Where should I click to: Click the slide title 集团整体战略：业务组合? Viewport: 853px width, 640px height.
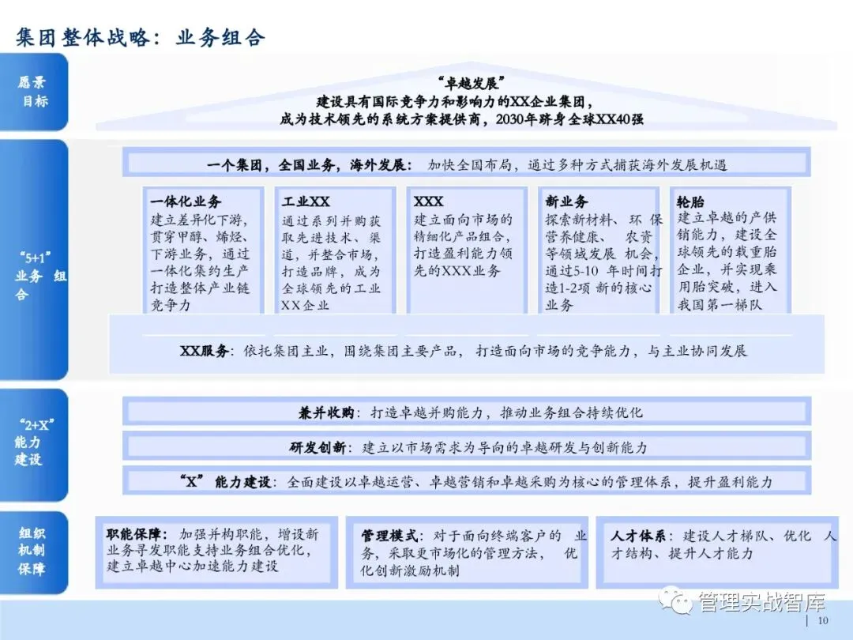[141, 37]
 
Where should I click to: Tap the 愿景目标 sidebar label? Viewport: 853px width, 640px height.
[33, 92]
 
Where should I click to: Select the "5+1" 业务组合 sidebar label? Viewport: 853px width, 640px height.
[36, 276]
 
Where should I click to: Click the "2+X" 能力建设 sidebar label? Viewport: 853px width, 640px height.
[29, 442]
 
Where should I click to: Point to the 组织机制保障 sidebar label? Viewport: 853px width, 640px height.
[33, 550]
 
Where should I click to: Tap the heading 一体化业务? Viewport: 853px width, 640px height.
[186, 202]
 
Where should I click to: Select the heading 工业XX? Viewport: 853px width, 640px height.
[306, 202]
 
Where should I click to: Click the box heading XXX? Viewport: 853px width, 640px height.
[429, 202]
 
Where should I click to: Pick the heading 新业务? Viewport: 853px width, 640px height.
[566, 202]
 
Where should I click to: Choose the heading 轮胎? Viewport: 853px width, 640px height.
[691, 202]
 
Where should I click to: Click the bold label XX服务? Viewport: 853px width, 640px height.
[205, 352]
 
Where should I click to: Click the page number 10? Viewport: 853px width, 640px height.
[822, 622]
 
